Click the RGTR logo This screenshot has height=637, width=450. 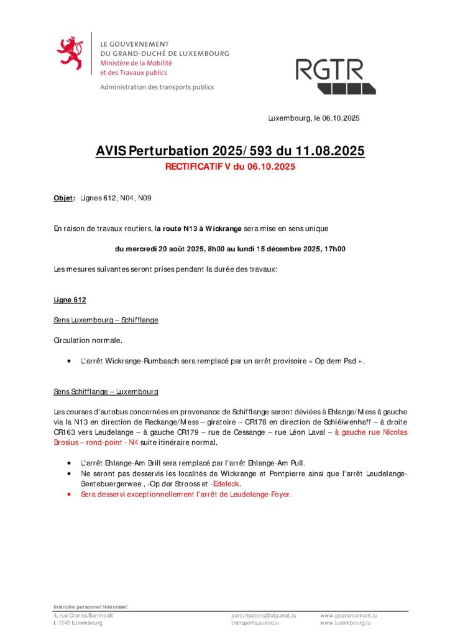pyautogui.click(x=335, y=76)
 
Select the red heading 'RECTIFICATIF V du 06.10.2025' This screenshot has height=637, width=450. pyautogui.click(x=230, y=167)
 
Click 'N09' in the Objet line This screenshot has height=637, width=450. pyautogui.click(x=144, y=198)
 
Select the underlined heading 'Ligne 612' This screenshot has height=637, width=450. pyautogui.click(x=70, y=300)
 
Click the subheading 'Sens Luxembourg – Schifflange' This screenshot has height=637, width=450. pyautogui.click(x=106, y=320)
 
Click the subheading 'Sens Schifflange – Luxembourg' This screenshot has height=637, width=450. pyautogui.click(x=106, y=391)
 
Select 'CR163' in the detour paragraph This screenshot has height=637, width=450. pyautogui.click(x=64, y=432)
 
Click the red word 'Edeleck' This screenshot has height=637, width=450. pyautogui.click(x=226, y=483)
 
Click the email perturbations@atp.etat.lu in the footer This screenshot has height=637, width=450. pyautogui.click(x=264, y=615)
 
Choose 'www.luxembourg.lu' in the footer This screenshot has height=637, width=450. pyautogui.click(x=346, y=622)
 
